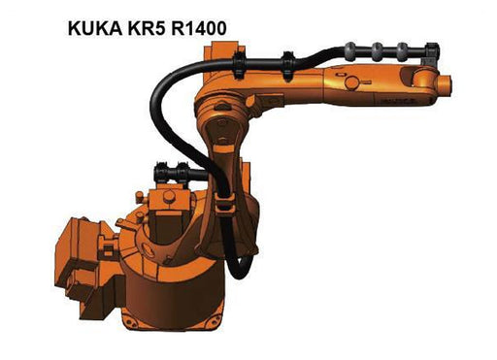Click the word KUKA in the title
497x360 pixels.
click(95, 28)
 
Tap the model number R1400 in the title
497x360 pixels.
click(199, 28)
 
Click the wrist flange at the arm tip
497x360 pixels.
click(446, 84)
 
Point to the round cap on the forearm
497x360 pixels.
click(352, 82)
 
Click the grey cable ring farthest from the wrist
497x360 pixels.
click(350, 51)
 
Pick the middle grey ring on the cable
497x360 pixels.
click(378, 51)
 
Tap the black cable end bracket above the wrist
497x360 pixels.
click(431, 53)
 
